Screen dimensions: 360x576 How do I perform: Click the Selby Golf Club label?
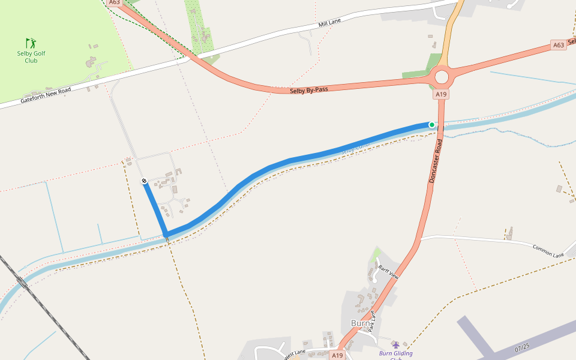[x=31, y=56]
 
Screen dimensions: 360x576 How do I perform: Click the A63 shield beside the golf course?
[x=115, y=2]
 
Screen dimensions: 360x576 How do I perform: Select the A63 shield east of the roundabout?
[x=558, y=45]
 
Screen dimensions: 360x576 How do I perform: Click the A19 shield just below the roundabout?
[x=441, y=94]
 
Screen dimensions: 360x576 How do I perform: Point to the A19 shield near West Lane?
[x=338, y=355]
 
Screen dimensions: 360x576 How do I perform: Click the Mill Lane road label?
[x=329, y=23]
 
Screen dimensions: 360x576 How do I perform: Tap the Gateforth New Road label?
[x=46, y=95]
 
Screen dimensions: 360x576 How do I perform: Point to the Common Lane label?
[x=548, y=251]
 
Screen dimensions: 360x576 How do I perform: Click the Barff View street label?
[x=388, y=271]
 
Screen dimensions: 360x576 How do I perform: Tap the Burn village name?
[x=360, y=323]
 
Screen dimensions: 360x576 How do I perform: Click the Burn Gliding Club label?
[x=395, y=353]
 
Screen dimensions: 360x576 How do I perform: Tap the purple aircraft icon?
[x=395, y=344]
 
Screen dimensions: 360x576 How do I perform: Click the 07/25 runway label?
[x=522, y=347]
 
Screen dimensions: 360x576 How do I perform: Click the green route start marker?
[x=431, y=125]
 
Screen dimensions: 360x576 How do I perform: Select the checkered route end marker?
[x=144, y=181]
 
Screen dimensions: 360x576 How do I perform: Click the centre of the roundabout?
[x=442, y=77]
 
